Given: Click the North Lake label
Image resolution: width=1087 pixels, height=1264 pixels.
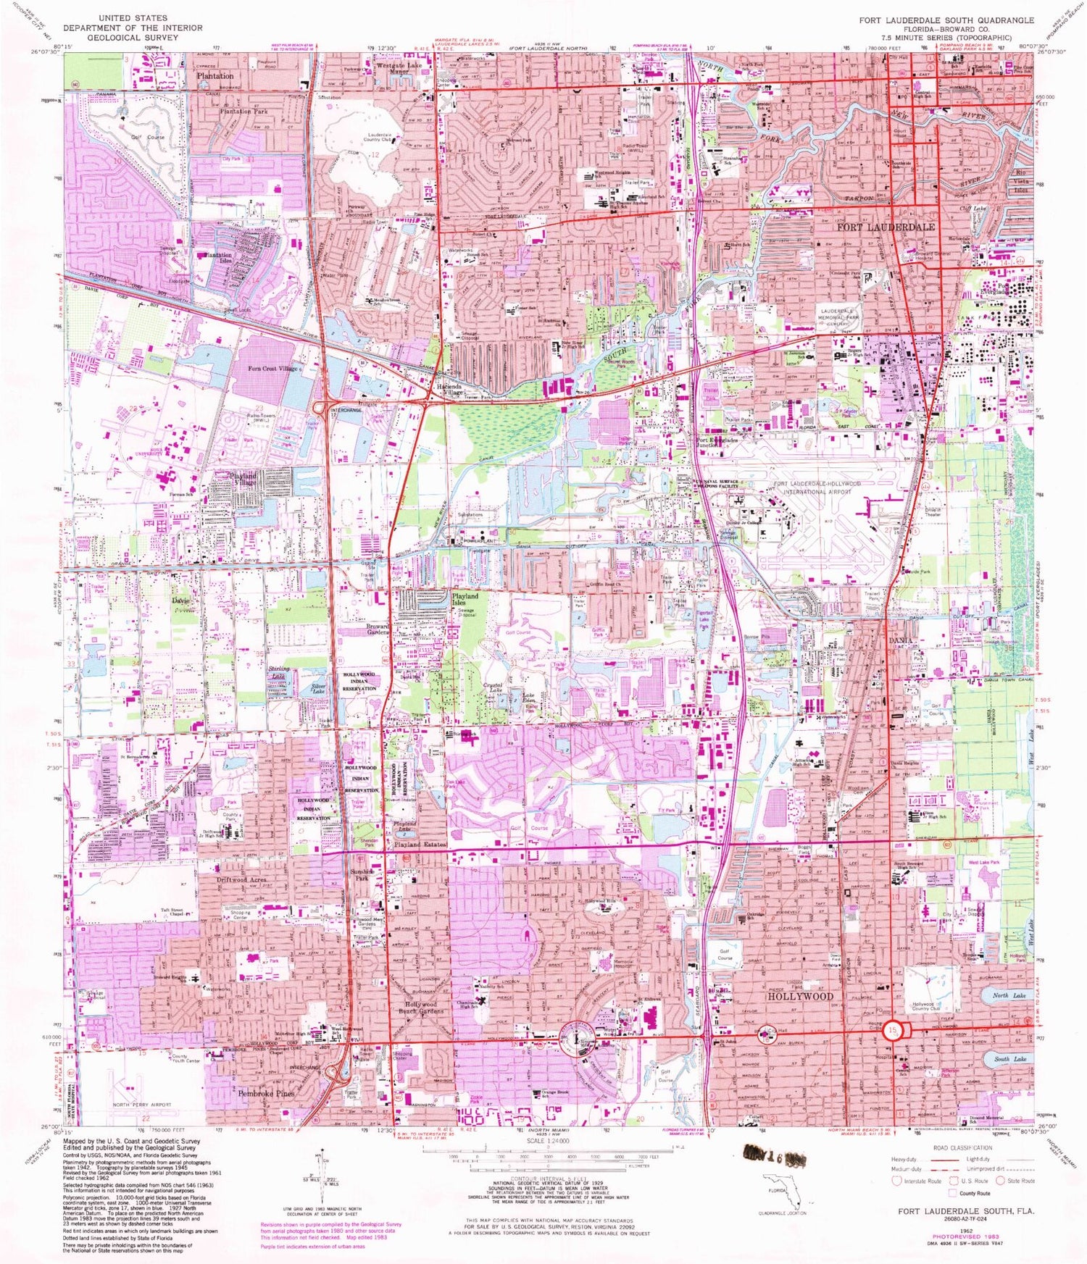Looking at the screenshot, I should coord(1000,995).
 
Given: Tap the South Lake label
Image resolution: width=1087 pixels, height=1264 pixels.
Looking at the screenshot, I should coord(1010,1059).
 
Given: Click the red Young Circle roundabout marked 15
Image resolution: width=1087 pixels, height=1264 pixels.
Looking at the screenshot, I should coord(896,1030).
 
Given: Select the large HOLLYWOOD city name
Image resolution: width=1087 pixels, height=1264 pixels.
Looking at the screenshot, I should coord(800,997).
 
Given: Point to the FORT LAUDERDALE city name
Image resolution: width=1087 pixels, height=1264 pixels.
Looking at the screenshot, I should coord(886,227).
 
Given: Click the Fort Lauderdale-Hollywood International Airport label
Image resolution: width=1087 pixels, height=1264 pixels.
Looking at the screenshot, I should coord(817,487).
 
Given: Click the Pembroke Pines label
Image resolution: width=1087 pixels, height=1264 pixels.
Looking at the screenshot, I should coord(266,1094).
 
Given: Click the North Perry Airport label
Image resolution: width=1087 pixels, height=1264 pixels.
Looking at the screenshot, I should coord(142,1105).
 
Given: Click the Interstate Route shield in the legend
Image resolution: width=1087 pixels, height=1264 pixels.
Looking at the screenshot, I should coord(896,1181).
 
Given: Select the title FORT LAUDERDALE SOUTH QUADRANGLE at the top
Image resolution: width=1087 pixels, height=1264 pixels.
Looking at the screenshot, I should coord(946,20).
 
